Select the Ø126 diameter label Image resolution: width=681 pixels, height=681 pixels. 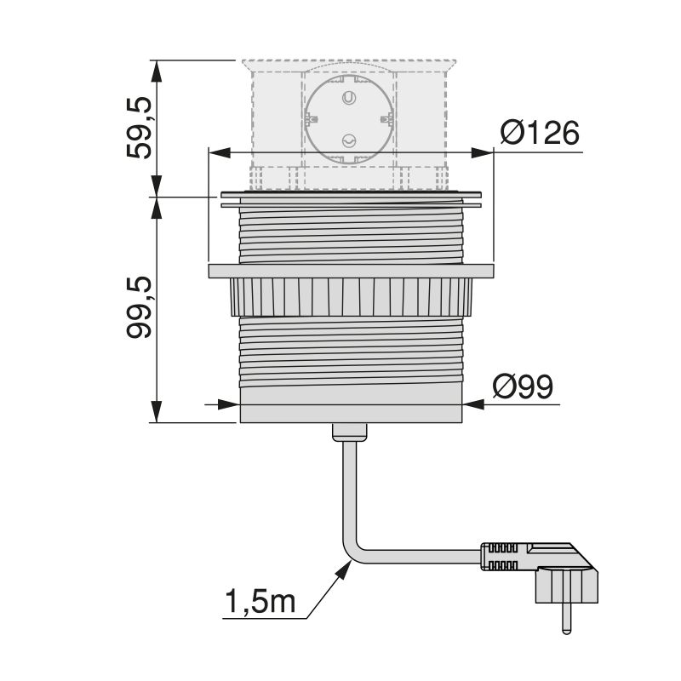539,134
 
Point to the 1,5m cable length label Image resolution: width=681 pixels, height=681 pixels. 260,601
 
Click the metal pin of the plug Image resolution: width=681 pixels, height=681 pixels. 564,618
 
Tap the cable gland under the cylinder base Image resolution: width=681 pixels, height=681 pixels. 349,432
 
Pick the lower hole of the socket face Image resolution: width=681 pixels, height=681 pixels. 347,142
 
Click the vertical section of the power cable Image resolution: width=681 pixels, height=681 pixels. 348,494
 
